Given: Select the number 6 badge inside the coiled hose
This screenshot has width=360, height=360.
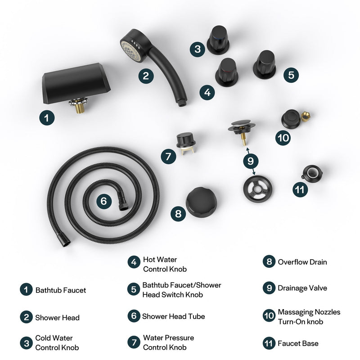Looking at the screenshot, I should click(x=103, y=201).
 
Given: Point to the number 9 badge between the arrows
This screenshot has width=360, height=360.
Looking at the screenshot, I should click(x=251, y=160).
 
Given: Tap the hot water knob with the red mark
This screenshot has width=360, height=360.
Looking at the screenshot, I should click(x=226, y=71).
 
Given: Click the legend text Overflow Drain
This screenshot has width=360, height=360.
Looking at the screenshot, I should click(x=302, y=262).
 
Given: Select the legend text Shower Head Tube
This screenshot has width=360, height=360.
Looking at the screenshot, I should click(x=173, y=316).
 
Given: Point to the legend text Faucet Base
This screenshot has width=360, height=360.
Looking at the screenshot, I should click(x=298, y=343).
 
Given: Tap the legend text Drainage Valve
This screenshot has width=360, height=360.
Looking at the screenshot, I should click(x=302, y=288).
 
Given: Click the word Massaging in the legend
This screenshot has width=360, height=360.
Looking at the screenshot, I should click(x=295, y=312).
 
